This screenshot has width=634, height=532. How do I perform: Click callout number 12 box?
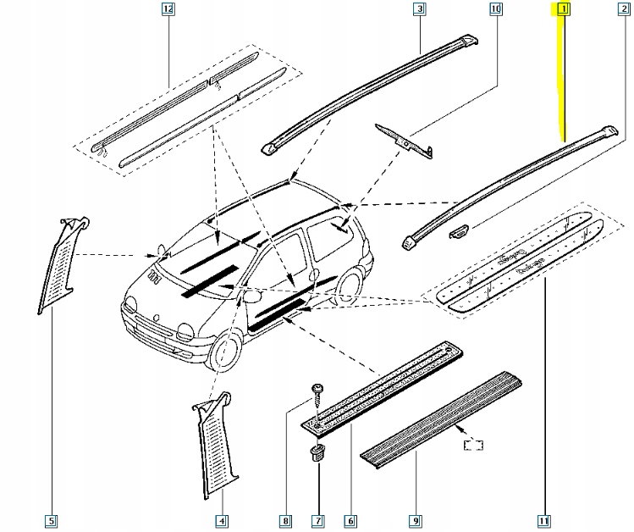point(168,10)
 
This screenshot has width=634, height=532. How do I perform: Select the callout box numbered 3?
point(418,10)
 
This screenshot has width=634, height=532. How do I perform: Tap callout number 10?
point(496,10)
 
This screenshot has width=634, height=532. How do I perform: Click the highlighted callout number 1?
point(561,10)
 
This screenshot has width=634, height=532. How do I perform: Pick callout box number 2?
point(624,10)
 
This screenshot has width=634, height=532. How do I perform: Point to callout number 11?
point(544,520)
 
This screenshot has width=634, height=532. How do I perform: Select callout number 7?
point(317,520)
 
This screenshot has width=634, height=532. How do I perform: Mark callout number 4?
point(221,520)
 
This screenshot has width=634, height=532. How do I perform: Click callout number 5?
point(52,520)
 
